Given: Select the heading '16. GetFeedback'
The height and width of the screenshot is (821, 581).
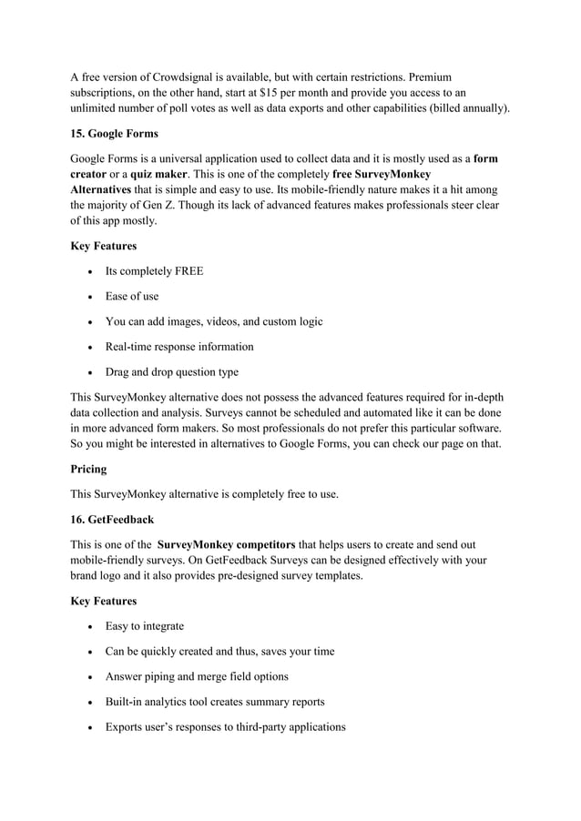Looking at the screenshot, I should [x=113, y=519].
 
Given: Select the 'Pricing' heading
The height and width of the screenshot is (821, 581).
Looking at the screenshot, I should [x=88, y=469].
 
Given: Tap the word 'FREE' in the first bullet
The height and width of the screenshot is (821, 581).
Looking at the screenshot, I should [x=187, y=271].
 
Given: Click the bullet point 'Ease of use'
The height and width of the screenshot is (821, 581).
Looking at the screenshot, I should [x=132, y=296].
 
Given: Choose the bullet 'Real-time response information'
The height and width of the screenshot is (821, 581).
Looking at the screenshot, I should [x=179, y=347].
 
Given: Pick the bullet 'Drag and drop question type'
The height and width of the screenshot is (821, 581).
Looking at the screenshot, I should [x=171, y=372].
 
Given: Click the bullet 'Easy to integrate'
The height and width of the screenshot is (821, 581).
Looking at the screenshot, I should [x=144, y=625].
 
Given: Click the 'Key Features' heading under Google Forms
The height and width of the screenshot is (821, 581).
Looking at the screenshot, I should [x=103, y=246].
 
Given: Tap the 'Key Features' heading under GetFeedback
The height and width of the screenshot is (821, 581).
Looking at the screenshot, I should [x=103, y=601].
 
